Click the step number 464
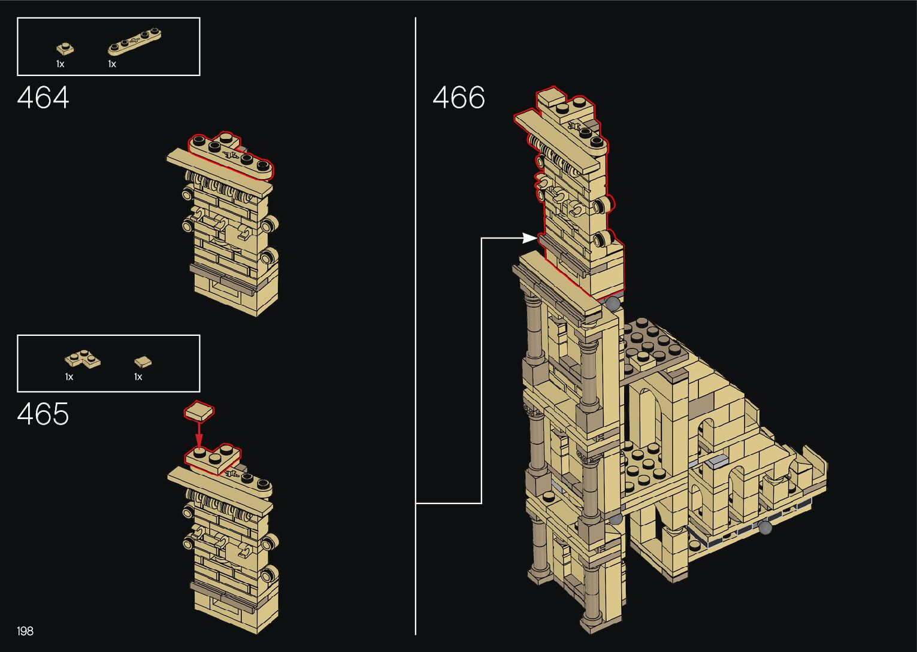coord(43,98)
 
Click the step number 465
coord(43,414)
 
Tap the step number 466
coord(459,98)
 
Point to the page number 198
coord(25,630)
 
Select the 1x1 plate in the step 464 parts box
coord(65,48)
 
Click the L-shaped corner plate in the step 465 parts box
coord(82,360)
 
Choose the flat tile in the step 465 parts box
coord(143,361)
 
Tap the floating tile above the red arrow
coord(199,411)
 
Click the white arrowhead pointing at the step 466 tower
coord(529,238)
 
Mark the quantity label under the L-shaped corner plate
coord(69,377)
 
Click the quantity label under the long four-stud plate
coord(112,63)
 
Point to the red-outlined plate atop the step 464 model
coord(231,156)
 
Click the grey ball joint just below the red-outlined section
coord(613,304)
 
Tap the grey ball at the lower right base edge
coord(764,527)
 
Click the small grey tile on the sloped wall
coord(717,461)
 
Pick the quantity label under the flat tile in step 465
coord(138,377)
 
